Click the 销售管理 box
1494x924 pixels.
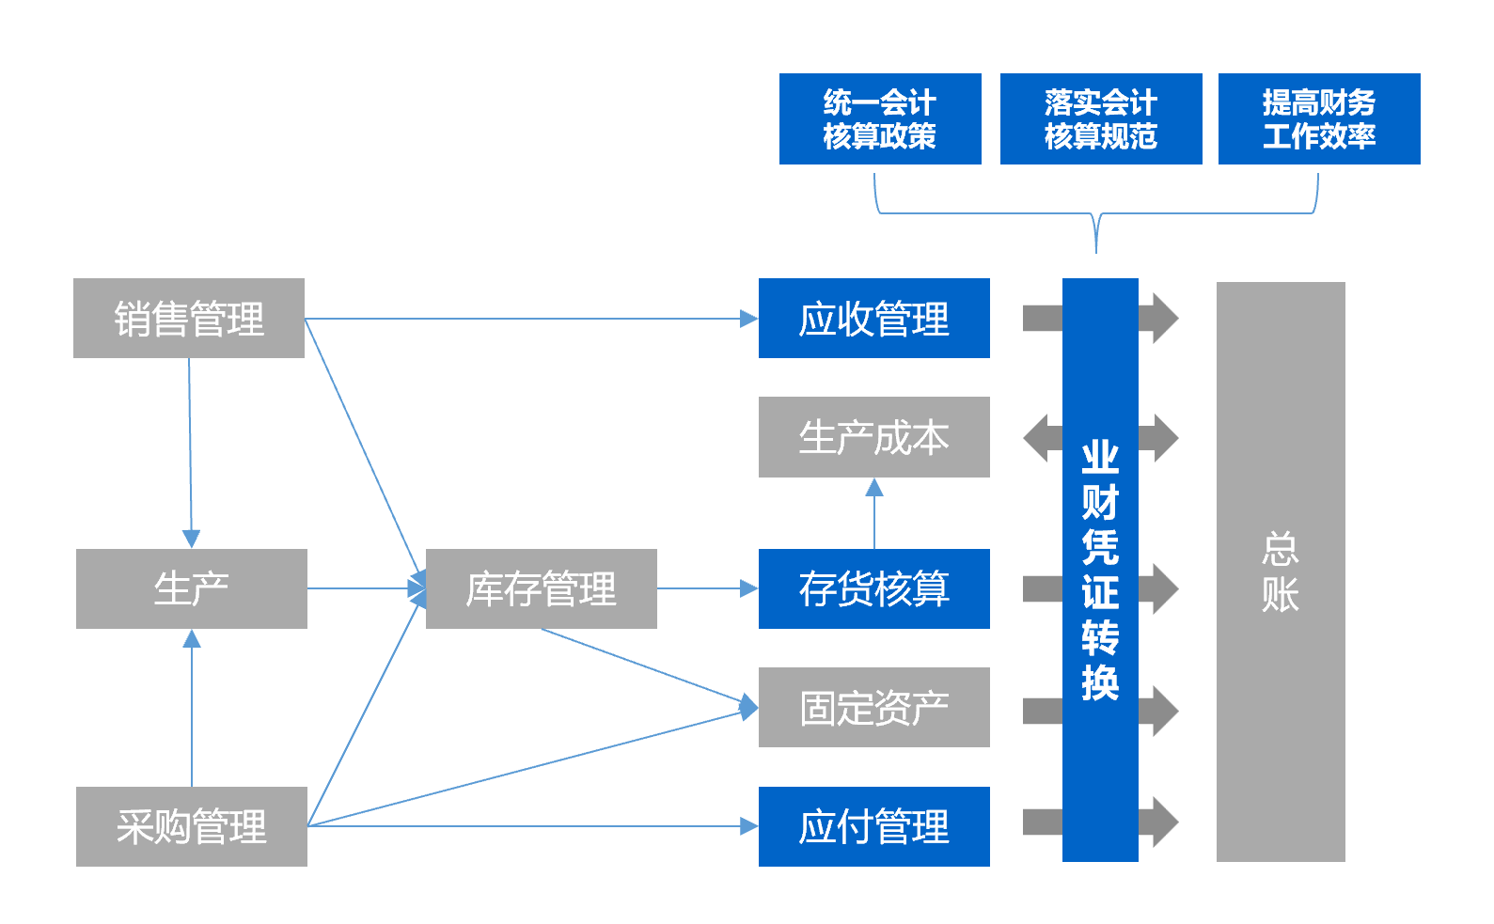[x=189, y=319]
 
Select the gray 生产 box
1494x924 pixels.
[x=192, y=589]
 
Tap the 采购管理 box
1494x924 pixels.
[x=192, y=827]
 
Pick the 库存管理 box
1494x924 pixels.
[x=542, y=589]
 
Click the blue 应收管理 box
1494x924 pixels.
[x=874, y=319]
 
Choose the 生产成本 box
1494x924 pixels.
[x=874, y=438]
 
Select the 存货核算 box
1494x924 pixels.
[x=874, y=589]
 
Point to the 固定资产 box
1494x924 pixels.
[x=874, y=708]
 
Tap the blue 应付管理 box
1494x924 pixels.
[x=874, y=827]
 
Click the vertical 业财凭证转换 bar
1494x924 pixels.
[x=1100, y=570]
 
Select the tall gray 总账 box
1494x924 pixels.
[x=1281, y=572]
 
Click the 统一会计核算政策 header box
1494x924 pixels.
[x=880, y=119]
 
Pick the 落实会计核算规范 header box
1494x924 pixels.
[x=1101, y=119]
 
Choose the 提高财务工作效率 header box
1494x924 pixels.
[x=1319, y=119]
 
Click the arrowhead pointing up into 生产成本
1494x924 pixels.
[x=874, y=487]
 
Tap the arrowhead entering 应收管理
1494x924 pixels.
[x=749, y=319]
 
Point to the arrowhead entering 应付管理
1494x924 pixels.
[x=749, y=827]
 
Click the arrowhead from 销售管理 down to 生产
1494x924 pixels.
[x=191, y=539]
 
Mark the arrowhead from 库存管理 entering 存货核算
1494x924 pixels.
[x=749, y=589]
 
